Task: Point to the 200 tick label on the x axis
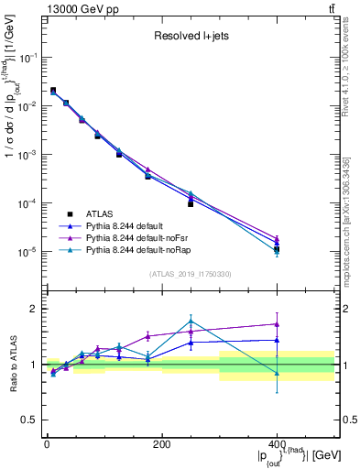point(161,444)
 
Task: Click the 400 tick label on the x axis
point(277,444)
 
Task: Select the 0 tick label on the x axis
point(47,444)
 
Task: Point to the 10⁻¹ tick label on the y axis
point(28,57)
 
